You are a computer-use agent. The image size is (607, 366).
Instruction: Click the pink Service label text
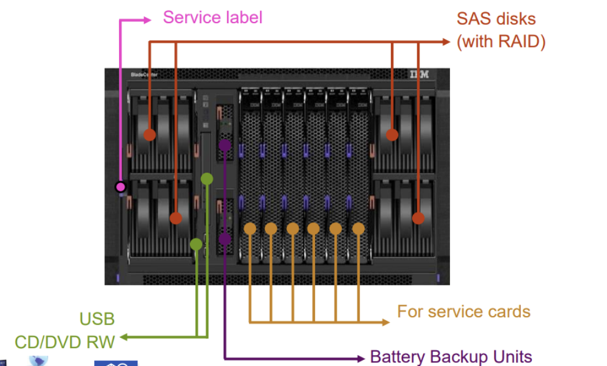[x=213, y=17]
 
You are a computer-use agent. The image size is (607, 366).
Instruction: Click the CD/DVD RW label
[x=65, y=341]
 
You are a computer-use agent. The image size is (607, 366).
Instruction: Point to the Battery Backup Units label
[x=451, y=357]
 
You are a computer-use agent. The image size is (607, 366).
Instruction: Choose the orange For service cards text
[x=463, y=312]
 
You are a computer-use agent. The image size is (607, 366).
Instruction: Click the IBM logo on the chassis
[x=420, y=74]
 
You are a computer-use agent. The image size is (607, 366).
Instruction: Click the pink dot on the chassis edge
[x=121, y=187]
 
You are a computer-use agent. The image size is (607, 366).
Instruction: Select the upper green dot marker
[x=207, y=178]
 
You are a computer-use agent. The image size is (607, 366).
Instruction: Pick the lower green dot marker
[x=196, y=244]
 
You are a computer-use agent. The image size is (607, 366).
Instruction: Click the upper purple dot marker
[x=225, y=145]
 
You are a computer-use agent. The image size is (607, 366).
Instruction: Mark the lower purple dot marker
[x=225, y=239]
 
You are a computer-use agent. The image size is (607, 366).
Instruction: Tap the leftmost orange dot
[x=250, y=228]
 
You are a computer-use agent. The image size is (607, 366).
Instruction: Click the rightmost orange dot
[x=358, y=228]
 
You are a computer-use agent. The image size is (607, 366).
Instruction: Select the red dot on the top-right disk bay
[x=392, y=134]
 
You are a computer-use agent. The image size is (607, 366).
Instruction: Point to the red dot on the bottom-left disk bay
[x=176, y=218]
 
